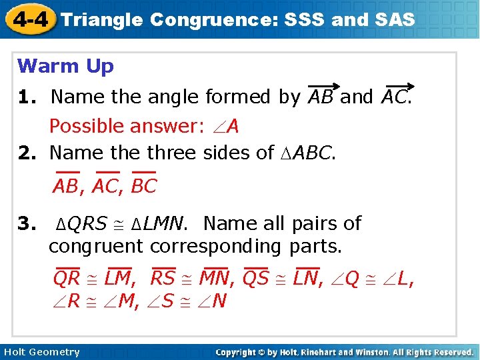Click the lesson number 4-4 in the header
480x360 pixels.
(x=28, y=19)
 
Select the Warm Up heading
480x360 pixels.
(x=65, y=66)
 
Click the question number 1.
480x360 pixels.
(x=27, y=97)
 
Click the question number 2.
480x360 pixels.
(x=27, y=153)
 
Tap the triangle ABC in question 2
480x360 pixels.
(x=307, y=153)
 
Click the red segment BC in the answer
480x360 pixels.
(x=144, y=186)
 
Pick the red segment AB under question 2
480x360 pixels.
(x=65, y=186)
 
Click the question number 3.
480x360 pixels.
(x=27, y=223)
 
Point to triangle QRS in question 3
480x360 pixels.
(x=81, y=223)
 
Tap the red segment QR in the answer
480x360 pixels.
(x=67, y=278)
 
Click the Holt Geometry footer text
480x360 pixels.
(x=41, y=352)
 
